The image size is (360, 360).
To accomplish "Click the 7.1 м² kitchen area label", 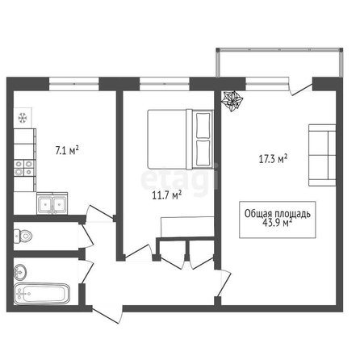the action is (x=67, y=150).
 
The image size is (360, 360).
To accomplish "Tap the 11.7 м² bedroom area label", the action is (x=167, y=195).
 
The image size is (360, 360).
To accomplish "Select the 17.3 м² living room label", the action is (x=273, y=159).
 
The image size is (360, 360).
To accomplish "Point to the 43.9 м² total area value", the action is (x=277, y=223).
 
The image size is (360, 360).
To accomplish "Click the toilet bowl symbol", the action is (x=23, y=236).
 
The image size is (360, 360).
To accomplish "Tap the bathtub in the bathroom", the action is (x=42, y=294).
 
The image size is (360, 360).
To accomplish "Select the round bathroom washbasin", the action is (x=20, y=272).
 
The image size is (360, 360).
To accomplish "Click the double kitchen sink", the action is (x=52, y=203).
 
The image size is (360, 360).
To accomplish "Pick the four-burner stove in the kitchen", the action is (x=24, y=168).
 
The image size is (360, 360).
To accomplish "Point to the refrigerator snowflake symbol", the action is (x=23, y=118).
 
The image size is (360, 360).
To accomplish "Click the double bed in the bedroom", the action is (x=181, y=140).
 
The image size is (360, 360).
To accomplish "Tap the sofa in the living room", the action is (x=322, y=155).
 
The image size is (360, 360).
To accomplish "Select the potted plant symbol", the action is (x=232, y=101).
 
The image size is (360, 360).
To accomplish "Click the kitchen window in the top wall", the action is (x=74, y=84).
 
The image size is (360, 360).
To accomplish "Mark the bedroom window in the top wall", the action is (x=165, y=84).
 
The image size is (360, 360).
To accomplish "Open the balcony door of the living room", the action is (x=301, y=86).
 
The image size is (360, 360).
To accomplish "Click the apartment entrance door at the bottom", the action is (x=107, y=314).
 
